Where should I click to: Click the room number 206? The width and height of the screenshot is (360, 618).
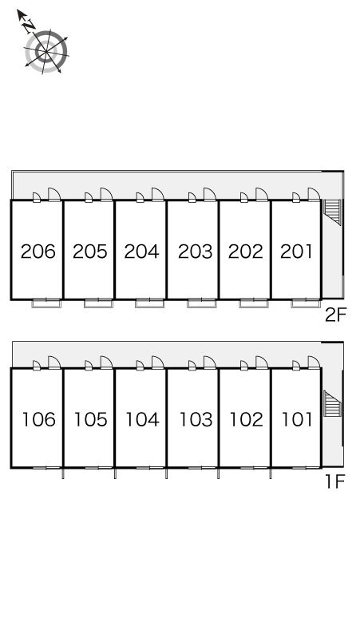tap(38, 252)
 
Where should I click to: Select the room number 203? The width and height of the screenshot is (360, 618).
tap(195, 252)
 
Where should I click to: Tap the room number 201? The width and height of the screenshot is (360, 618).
tap(296, 252)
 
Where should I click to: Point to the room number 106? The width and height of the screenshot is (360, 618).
tap(38, 419)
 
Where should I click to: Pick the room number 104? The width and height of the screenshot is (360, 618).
tap(142, 419)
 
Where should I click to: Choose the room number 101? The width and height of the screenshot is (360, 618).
tap(297, 419)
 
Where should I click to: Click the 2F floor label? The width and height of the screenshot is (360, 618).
tap(335, 315)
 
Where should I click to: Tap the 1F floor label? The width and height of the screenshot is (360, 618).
tap(335, 481)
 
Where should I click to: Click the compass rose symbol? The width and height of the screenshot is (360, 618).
tap(46, 52)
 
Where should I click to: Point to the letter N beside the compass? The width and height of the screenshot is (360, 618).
tap(29, 26)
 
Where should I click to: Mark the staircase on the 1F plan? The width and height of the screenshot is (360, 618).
tap(332, 403)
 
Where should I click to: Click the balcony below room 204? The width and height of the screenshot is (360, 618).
tap(150, 303)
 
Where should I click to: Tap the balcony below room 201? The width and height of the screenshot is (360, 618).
tap(306, 303)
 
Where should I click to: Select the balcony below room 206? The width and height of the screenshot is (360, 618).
tap(46, 303)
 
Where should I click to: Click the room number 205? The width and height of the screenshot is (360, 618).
tap(90, 252)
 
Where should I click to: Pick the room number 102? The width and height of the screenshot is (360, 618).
tap(246, 419)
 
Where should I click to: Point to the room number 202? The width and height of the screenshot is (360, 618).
tap(245, 252)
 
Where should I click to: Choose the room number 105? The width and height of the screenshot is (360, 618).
tap(90, 419)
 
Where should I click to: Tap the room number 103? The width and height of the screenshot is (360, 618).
tap(196, 419)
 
